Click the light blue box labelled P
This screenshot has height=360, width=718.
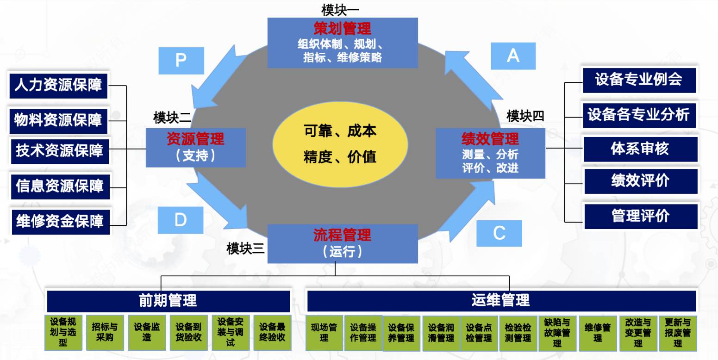click(181, 61)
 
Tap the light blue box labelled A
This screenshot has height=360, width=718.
click(513, 56)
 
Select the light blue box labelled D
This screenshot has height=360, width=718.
click(181, 220)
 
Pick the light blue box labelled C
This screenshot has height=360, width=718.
click(499, 233)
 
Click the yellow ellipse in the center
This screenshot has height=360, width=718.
click(340, 144)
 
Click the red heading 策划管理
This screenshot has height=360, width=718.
click(342, 29)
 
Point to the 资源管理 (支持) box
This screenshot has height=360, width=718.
click(195, 148)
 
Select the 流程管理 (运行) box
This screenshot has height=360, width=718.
click(342, 243)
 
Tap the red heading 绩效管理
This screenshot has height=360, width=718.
click(490, 139)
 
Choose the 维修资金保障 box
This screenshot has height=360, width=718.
click(60, 222)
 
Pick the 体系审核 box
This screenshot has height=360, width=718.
click(640, 149)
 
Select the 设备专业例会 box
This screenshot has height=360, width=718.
click(639, 80)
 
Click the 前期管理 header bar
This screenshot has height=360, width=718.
click(169, 301)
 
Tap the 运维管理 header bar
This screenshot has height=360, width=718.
click(501, 300)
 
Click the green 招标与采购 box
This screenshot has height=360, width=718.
click(105, 332)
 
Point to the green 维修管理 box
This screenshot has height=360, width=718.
click(598, 333)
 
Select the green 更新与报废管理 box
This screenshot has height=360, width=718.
click(678, 333)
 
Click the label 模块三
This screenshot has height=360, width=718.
click(245, 248)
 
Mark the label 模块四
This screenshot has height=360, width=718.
click(525, 116)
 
